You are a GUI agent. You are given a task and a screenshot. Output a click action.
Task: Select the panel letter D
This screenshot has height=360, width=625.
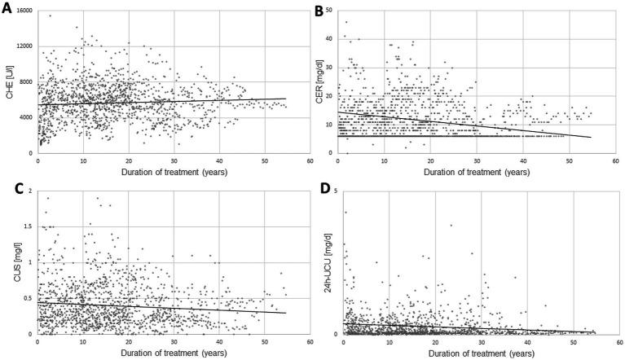point(319,190)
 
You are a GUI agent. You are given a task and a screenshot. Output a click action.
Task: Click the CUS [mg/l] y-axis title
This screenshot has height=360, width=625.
point(11,262)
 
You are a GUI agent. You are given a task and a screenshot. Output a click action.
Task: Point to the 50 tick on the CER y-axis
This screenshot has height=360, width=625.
point(332,11)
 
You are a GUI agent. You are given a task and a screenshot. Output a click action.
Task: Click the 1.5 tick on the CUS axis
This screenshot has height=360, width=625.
point(29,226)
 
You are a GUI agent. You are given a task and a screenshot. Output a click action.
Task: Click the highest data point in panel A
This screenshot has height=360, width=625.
point(50,15)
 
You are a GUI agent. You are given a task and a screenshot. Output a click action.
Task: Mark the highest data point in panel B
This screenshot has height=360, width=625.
point(346,22)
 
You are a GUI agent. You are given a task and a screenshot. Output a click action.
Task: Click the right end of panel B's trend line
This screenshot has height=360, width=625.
point(591,137)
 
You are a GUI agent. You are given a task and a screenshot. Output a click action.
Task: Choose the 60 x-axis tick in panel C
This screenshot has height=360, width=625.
point(309,342)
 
